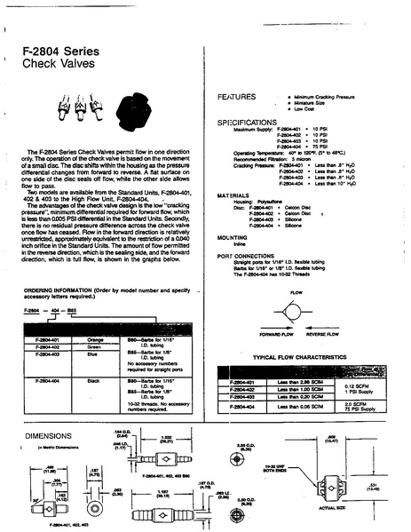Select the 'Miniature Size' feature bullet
[311, 101]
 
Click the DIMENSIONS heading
[48, 436]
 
